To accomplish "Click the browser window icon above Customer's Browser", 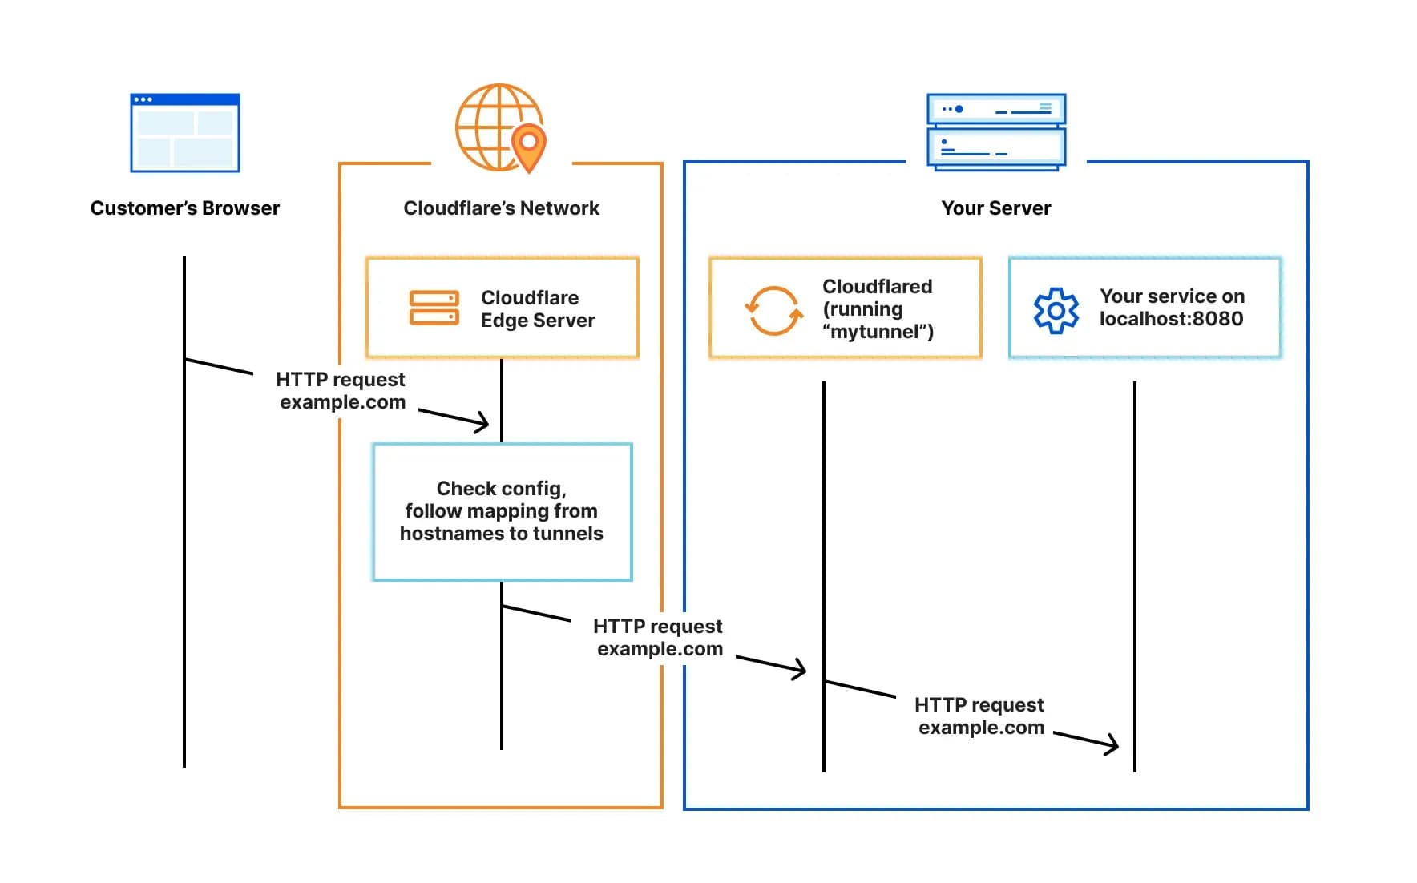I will point(185,133).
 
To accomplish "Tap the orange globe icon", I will point(493,127).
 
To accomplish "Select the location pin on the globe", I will point(528,147).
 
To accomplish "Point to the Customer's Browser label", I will point(185,208).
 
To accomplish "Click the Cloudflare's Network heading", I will point(501,208).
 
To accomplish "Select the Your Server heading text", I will point(995,208).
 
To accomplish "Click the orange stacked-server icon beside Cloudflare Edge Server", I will point(434,308).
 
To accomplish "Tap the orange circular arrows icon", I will point(773,310).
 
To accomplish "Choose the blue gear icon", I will point(1056,310).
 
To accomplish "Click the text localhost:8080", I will point(1171,319).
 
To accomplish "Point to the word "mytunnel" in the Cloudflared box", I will point(877,332).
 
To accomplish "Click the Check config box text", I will point(502,511).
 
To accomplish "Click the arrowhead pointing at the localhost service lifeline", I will point(1112,745).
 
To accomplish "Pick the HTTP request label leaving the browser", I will point(341,390).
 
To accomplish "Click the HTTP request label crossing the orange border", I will point(659,637).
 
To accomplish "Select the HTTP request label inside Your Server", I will point(979,716).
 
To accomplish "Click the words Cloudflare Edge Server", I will point(537,309).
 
